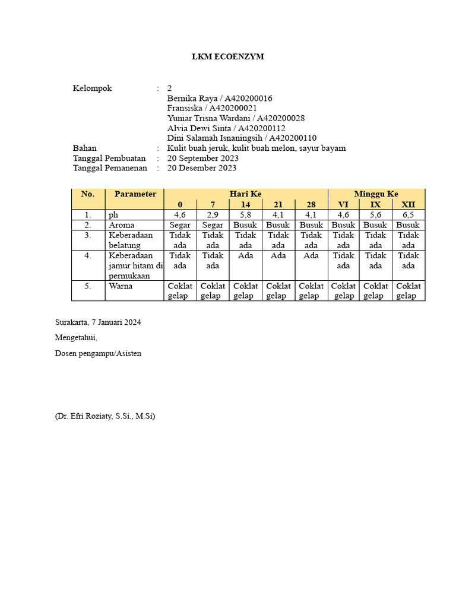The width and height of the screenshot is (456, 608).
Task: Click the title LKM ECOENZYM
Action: click(228, 57)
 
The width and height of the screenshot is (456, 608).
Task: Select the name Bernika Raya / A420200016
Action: click(220, 99)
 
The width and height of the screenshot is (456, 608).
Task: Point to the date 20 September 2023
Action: click(202, 158)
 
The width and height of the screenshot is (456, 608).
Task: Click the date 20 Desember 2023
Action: click(202, 168)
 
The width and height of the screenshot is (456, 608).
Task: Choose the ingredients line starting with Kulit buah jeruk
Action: click(256, 148)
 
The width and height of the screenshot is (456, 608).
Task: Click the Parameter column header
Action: click(135, 194)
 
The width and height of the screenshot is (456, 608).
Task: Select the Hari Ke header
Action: click(245, 194)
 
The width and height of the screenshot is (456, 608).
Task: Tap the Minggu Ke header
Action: click(376, 194)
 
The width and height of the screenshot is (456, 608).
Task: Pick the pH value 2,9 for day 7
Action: click(213, 215)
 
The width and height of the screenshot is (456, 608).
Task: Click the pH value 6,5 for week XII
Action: click(408, 215)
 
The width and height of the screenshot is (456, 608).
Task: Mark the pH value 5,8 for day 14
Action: click(245, 215)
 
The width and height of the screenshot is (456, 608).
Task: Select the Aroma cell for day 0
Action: click(180, 225)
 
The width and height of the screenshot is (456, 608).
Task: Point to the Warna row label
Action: click(121, 286)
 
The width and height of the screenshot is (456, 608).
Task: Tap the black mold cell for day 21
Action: click(278, 256)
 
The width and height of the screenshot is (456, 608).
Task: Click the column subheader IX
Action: click(376, 204)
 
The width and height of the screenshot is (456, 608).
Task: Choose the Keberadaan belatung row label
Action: click(130, 240)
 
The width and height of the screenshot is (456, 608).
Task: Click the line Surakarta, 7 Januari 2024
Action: click(98, 322)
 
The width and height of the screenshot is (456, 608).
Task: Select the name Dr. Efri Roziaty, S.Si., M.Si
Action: click(105, 417)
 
